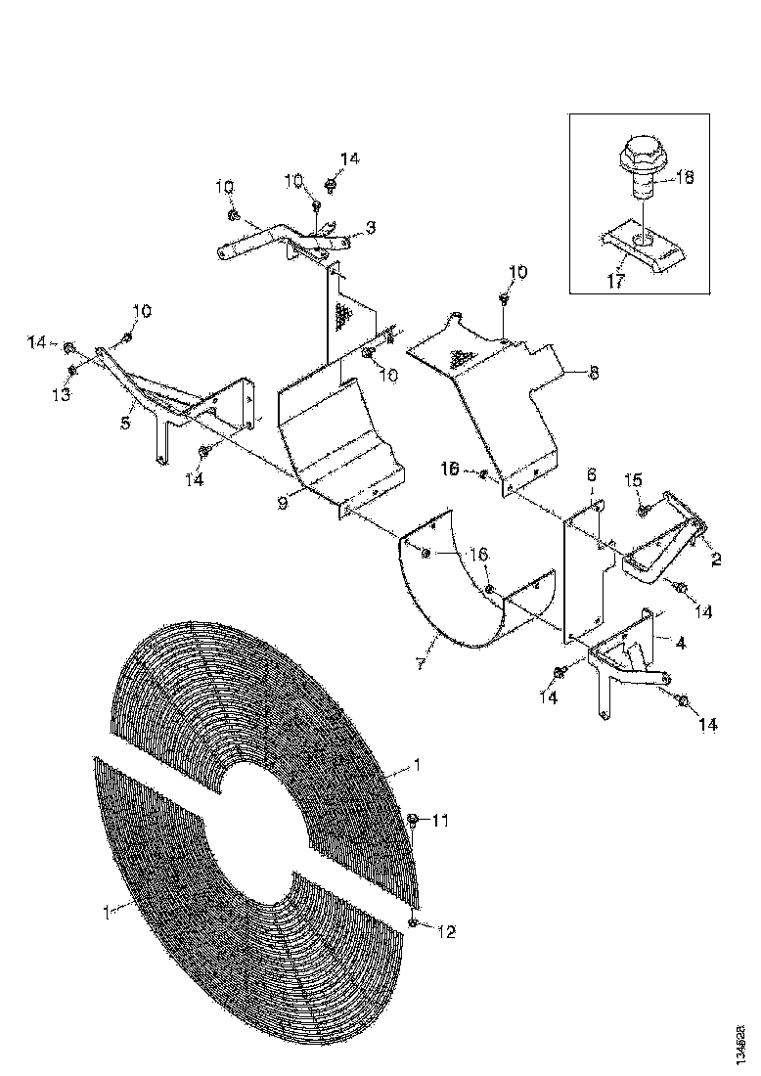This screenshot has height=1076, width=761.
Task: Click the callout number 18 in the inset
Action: point(685,178)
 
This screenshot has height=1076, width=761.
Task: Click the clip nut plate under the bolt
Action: point(643,244)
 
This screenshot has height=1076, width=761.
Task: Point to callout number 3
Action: point(370,227)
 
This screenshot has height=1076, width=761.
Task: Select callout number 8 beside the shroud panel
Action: point(594,373)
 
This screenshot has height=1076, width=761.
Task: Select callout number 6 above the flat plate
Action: point(591,473)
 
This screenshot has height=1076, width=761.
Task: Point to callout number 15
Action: point(634,480)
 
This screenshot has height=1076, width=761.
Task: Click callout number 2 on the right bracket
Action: point(716,560)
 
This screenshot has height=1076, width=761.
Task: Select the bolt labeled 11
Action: point(413,820)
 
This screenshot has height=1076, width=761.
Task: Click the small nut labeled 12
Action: point(416,923)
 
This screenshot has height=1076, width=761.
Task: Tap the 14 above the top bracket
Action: point(349,158)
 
